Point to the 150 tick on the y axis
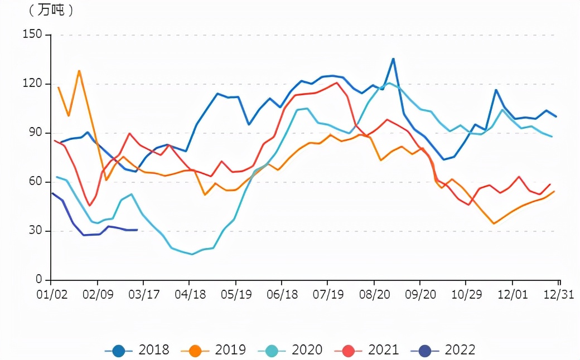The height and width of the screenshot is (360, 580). click(32, 35)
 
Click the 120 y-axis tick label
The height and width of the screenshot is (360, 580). click(32, 84)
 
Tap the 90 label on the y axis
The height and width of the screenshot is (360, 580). click(35, 133)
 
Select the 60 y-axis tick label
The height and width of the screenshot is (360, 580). click(35, 182)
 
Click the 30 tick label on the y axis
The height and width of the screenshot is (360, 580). click(35, 231)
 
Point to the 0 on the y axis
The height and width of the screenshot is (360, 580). click(39, 280)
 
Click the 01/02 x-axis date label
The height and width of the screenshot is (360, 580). click(51, 294)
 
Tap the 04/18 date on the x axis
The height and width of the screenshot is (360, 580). click(190, 294)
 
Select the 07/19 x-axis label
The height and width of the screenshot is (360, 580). click(328, 294)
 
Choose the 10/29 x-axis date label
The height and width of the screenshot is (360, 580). click(466, 294)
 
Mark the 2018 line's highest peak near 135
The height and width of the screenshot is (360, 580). click(393, 59)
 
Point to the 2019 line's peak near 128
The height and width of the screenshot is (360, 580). click(79, 71)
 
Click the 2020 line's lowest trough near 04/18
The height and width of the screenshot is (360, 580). click(192, 254)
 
